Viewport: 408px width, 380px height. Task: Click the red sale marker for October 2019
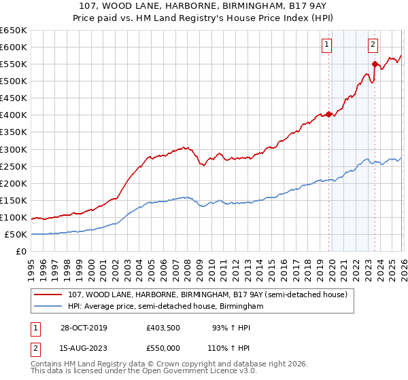point(328,114)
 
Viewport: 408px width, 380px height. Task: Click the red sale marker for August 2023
point(375,64)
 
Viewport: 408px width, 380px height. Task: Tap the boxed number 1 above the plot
point(327,45)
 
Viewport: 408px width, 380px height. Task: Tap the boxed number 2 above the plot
point(373,45)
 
